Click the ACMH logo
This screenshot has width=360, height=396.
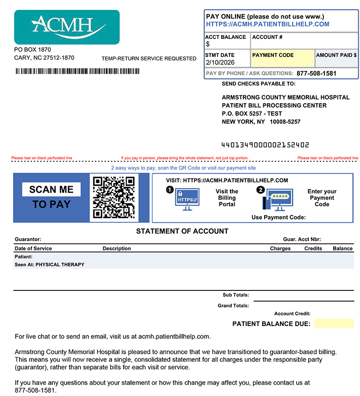tap(67, 27)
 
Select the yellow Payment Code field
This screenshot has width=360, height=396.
tap(283, 58)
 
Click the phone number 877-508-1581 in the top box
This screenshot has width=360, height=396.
tap(317, 73)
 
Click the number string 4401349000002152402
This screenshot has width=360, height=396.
tap(266, 145)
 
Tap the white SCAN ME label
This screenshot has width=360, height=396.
tap(51, 189)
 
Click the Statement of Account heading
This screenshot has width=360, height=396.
tap(182, 231)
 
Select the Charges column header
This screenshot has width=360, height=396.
tap(280, 249)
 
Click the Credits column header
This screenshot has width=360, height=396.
tap(313, 249)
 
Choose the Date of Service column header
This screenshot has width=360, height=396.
tap(33, 249)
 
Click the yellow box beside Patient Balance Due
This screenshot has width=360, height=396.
tap(334, 324)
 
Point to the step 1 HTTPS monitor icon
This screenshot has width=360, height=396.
tap(187, 199)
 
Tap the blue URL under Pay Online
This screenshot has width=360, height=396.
tap(267, 24)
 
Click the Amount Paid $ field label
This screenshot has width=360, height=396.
tap(336, 55)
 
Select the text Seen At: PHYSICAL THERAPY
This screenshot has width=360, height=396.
tap(50, 265)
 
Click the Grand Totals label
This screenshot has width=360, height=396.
tap(233, 306)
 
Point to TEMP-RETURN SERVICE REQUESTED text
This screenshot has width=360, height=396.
tap(149, 59)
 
